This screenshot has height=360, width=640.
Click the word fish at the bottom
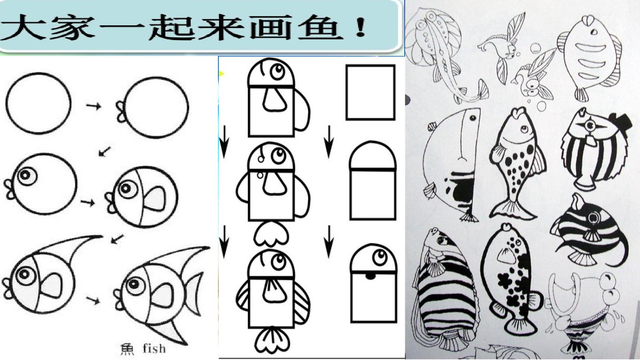click(154, 348)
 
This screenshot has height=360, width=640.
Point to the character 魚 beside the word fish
click(127, 349)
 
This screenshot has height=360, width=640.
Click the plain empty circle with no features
click(39, 103)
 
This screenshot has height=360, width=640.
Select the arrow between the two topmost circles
click(94, 106)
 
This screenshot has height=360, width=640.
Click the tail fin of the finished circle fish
click(193, 293)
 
